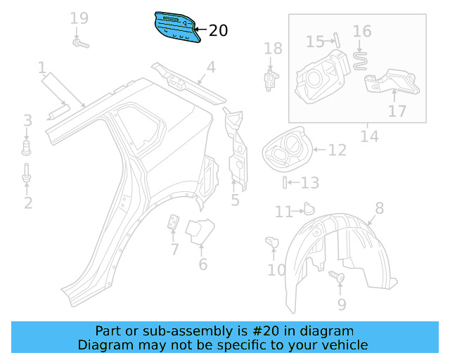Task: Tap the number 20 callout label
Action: (219, 30)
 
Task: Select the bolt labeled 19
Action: (79, 44)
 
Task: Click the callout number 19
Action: (79, 18)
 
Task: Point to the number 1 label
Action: (42, 68)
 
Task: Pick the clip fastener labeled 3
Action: (27, 147)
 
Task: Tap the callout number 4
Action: (210, 67)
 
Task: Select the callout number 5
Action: (235, 200)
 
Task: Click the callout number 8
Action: (380, 207)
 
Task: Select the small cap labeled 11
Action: (307, 208)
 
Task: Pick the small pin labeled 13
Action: (285, 183)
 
